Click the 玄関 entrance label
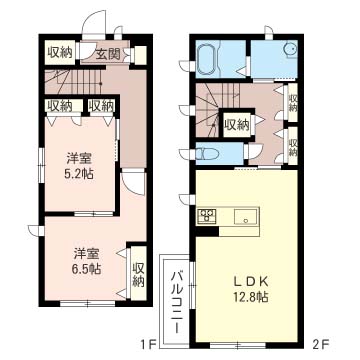[x=108, y=53]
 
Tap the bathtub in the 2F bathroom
[x=208, y=59]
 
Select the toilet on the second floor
[x=206, y=153]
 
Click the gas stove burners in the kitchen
[x=207, y=215]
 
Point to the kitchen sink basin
[x=246, y=217]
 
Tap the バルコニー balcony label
[x=177, y=302]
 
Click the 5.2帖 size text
[x=80, y=173]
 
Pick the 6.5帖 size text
[x=86, y=268]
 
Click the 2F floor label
[x=321, y=344]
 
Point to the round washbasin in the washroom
[x=290, y=48]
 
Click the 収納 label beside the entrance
[x=60, y=52]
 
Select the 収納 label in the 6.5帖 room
[x=138, y=274]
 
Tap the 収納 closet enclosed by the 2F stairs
[x=237, y=124]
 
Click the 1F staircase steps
[x=74, y=81]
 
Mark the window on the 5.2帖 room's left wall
[x=41, y=166]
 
